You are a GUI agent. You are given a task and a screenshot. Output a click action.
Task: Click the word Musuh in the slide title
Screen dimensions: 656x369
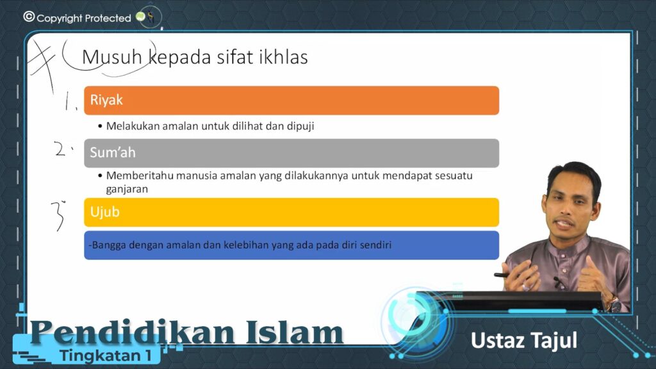[x=111, y=57]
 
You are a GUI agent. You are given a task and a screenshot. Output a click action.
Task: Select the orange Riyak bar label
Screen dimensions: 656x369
[x=106, y=100]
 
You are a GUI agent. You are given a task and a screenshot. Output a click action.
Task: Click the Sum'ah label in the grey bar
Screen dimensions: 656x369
[x=113, y=152]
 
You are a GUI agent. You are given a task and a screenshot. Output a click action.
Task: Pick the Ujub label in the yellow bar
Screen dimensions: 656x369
[x=104, y=212]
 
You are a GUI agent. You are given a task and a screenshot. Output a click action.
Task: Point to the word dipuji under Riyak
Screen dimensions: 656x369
[x=300, y=126]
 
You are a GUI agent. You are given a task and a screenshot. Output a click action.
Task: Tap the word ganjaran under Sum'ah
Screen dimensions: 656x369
[x=127, y=189]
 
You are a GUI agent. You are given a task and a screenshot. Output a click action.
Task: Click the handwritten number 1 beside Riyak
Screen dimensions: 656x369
[x=68, y=101]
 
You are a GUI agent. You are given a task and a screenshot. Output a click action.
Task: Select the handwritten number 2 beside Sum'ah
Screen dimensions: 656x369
[x=61, y=149]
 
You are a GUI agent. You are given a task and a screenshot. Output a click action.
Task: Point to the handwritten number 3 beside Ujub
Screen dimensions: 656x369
[x=58, y=215]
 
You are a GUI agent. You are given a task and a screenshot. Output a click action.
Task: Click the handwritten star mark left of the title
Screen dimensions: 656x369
[x=42, y=63]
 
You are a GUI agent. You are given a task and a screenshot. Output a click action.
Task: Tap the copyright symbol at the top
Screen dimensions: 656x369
[x=29, y=17]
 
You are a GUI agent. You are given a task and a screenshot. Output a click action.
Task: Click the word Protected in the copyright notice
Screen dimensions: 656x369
[x=108, y=18]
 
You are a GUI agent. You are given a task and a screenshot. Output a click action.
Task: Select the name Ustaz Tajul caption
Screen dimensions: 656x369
[x=524, y=341]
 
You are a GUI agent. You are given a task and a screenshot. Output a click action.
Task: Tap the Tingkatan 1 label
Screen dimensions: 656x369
[x=105, y=356]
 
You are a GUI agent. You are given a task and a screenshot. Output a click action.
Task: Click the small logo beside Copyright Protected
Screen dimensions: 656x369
[x=147, y=17]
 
